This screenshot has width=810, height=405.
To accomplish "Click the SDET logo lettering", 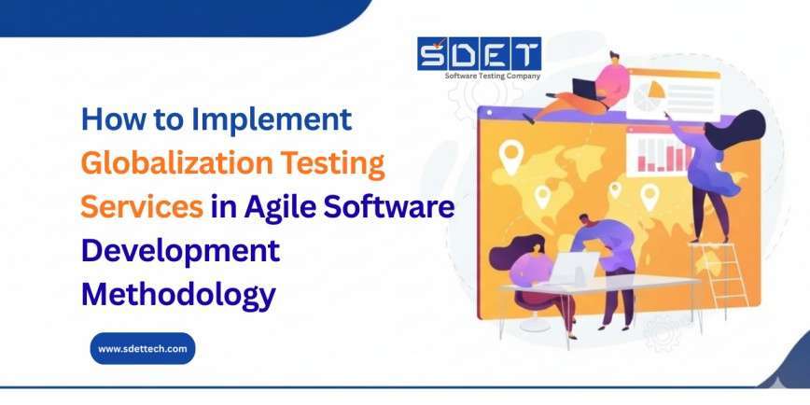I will point(480,53).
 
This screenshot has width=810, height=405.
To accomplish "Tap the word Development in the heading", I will point(180,251).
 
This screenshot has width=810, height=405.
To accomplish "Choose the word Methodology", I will point(178,294).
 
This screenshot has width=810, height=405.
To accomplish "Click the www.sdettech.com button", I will point(143,348).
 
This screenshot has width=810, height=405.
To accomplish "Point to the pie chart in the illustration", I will point(649,94).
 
